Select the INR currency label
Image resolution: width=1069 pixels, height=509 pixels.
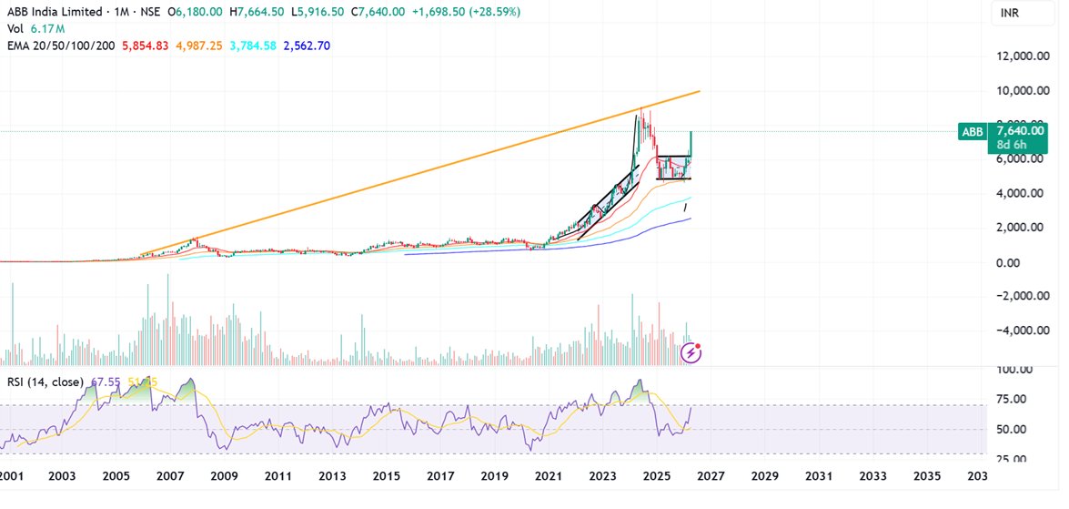point(1009,13)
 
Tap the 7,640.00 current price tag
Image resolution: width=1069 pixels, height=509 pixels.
point(1021,130)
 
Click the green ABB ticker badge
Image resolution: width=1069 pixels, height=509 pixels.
point(973,132)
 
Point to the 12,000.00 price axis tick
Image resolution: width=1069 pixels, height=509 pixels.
point(1018,56)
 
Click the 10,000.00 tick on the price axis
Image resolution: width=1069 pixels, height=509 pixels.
point(1018,91)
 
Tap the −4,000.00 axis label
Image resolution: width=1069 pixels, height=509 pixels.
point(1018,331)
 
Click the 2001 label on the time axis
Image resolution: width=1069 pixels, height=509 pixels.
point(10,476)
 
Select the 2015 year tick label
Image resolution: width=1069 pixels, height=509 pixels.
point(387,476)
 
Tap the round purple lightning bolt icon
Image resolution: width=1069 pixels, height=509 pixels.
point(693,352)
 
